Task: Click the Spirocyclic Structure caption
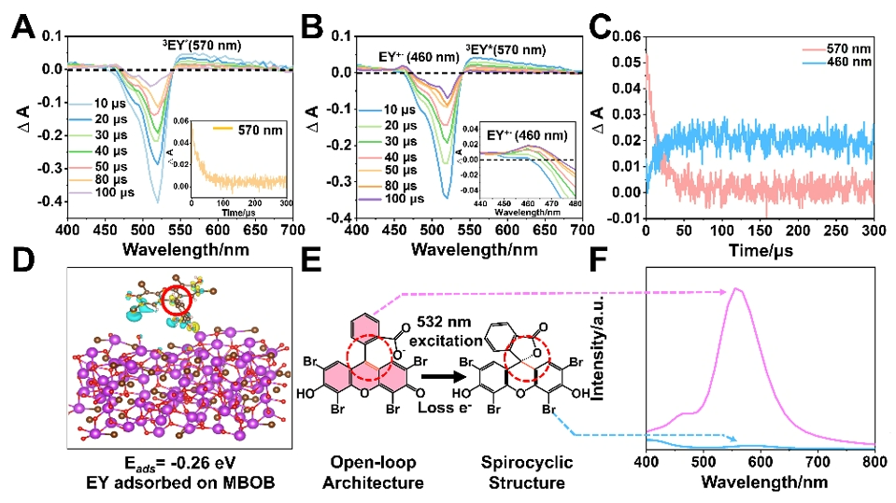[x=526, y=473]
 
